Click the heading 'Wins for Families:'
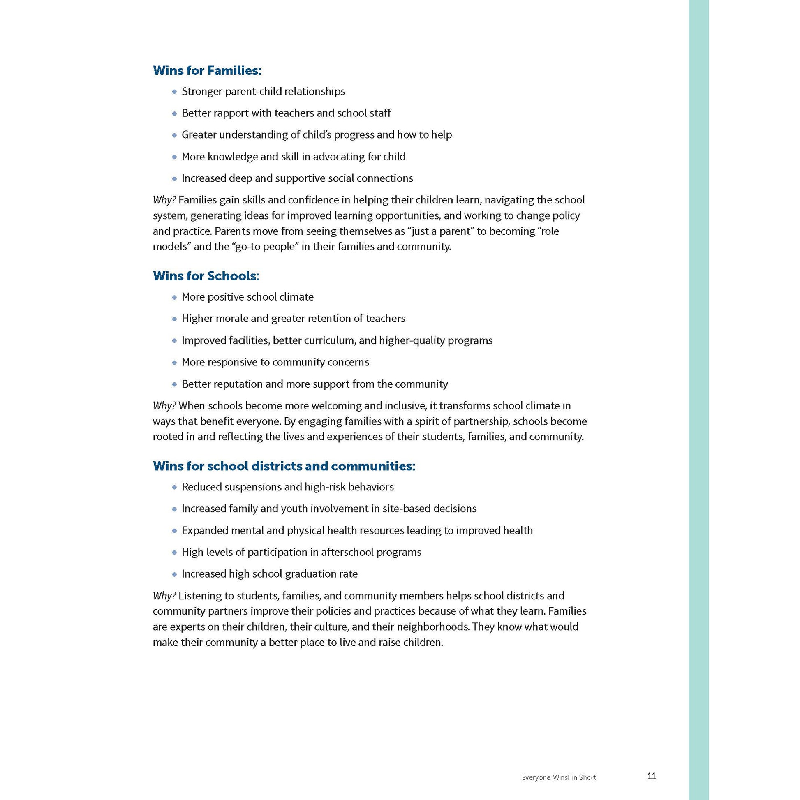[x=207, y=71]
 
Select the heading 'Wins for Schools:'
[x=206, y=276]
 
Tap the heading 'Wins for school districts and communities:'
[x=284, y=466]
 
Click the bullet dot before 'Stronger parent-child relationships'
[x=174, y=92]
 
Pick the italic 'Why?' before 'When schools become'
[x=164, y=406]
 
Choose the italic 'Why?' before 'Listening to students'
[x=164, y=596]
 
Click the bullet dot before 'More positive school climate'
[x=174, y=297]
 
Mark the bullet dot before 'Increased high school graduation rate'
[x=174, y=575]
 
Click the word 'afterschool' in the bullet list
[x=347, y=553]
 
